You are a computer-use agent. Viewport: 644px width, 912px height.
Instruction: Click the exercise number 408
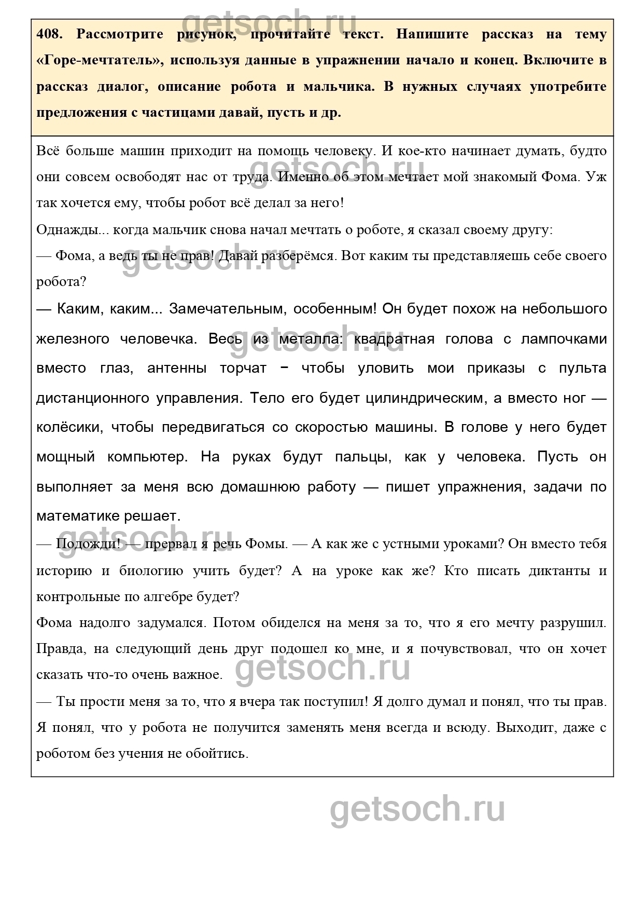(50, 34)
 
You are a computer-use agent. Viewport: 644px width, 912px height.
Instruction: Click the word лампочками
(564, 339)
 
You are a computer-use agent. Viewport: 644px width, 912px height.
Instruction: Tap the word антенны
(177, 369)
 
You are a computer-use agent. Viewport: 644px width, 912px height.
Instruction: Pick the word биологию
(151, 570)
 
